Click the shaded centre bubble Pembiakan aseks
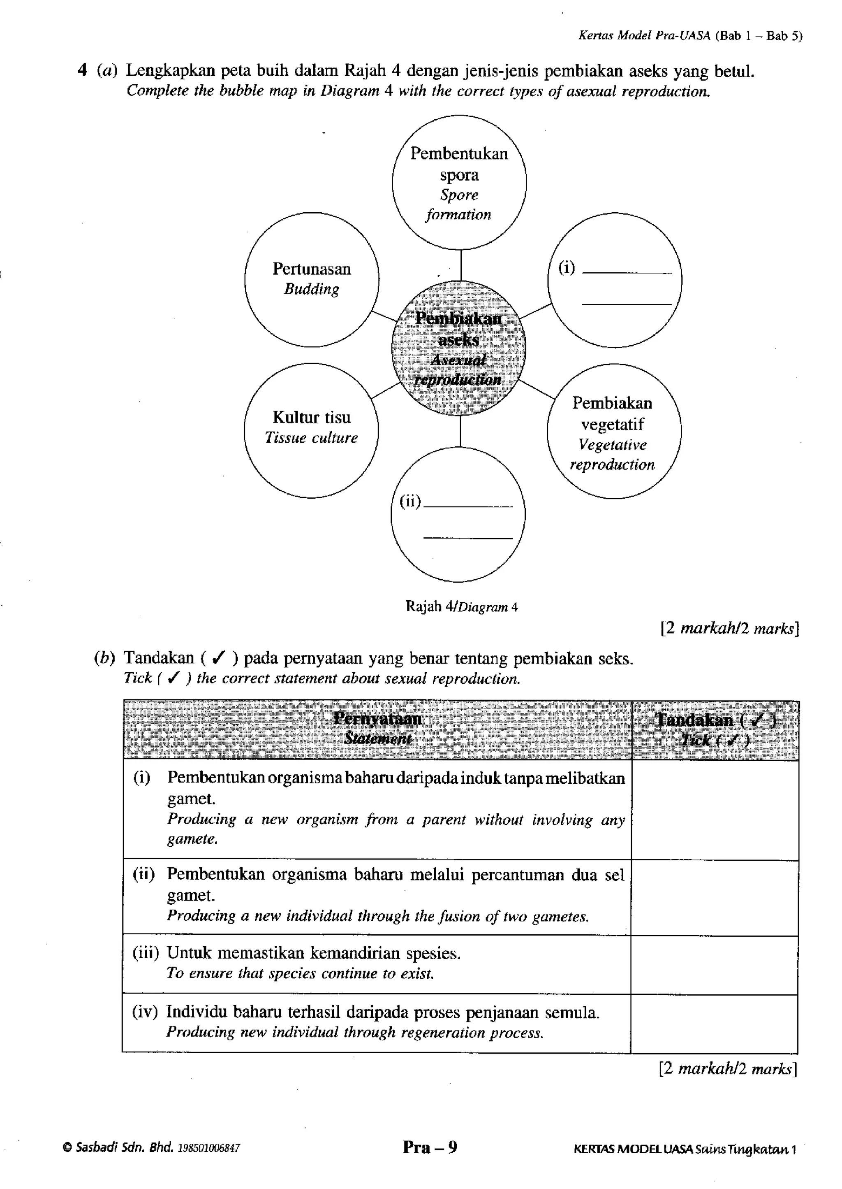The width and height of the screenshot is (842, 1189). (x=458, y=348)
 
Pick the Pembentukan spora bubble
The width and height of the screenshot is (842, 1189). (x=459, y=183)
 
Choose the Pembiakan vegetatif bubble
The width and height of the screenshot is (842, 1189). (x=614, y=431)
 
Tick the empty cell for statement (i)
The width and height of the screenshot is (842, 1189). (x=715, y=809)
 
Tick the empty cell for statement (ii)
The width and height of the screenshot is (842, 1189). (x=715, y=897)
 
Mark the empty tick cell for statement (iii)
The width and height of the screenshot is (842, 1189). (x=715, y=965)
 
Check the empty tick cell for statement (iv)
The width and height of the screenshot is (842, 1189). (x=715, y=1023)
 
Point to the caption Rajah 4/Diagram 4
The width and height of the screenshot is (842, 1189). (x=461, y=606)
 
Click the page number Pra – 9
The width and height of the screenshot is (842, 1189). (x=430, y=1147)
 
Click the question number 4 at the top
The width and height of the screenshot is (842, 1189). (x=82, y=70)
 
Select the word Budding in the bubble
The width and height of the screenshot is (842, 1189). (x=311, y=289)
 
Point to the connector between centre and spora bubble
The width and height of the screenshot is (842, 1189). (x=460, y=265)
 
